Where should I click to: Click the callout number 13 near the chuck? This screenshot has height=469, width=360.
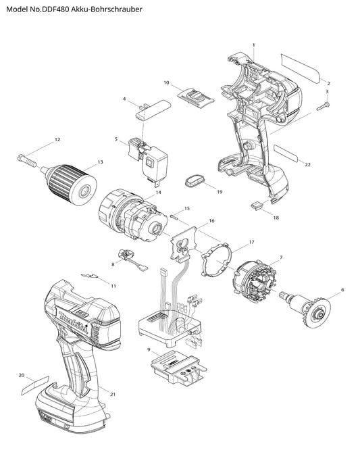pos(100,162)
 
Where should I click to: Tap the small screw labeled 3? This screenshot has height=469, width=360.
pos(322,106)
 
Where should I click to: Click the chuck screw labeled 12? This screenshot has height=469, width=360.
pos(27,160)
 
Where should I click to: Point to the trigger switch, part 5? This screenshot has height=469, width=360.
pos(148,159)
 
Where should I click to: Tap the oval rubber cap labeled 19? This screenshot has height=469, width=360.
pos(195,181)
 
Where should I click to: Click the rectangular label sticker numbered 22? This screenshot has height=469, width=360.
pos(286,153)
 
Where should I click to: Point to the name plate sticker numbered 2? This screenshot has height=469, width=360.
pos(301,68)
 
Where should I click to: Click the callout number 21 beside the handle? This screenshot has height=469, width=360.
pos(112,395)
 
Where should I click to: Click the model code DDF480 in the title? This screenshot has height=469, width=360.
pos(57,9)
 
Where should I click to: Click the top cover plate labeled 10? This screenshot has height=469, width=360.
pos(196,97)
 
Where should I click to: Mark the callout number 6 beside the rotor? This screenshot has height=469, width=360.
pos(342,289)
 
